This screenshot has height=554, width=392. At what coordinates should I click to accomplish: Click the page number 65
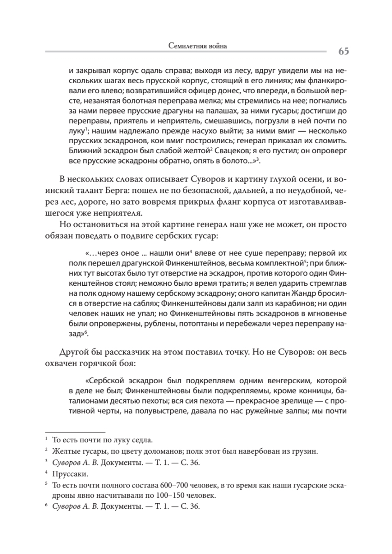pyautogui.click(x=343, y=51)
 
